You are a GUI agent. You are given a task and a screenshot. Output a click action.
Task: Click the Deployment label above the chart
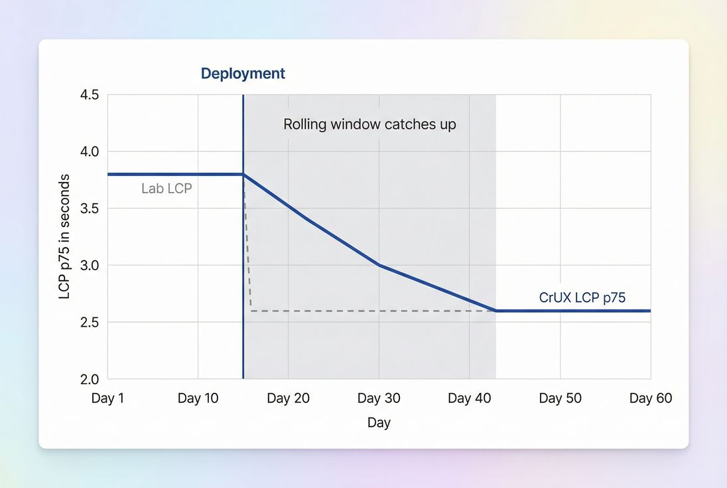pyautogui.click(x=243, y=74)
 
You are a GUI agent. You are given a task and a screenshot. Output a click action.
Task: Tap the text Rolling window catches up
pyautogui.click(x=369, y=124)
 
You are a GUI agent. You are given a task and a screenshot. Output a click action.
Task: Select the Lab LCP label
pyautogui.click(x=166, y=189)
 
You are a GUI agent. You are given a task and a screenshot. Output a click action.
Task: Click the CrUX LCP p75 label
pyautogui.click(x=582, y=298)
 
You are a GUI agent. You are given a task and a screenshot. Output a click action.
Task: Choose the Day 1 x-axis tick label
pyautogui.click(x=107, y=398)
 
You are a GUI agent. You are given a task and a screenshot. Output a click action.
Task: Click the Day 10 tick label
pyautogui.click(x=198, y=398)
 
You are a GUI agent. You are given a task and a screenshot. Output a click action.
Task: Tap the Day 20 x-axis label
pyautogui.click(x=288, y=398)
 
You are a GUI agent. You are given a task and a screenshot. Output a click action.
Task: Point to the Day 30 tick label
pyautogui.click(x=379, y=398)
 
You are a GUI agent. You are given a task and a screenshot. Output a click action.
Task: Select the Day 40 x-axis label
pyautogui.click(x=469, y=398)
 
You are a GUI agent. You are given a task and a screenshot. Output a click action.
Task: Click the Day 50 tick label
pyautogui.click(x=560, y=398)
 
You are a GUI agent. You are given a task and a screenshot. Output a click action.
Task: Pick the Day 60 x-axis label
pyautogui.click(x=650, y=398)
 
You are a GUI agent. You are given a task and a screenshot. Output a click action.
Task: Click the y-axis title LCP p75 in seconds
pyautogui.click(x=64, y=236)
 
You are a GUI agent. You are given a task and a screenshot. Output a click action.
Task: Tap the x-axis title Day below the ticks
pyautogui.click(x=379, y=423)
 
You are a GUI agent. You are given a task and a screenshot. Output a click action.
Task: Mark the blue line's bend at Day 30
pyautogui.click(x=379, y=265)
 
